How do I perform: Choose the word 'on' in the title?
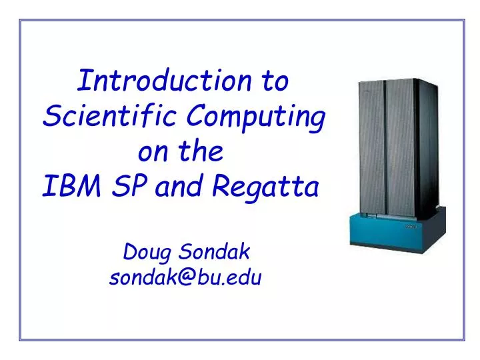pyautogui.click(x=151, y=153)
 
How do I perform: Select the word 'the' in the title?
pyautogui.click(x=202, y=153)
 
